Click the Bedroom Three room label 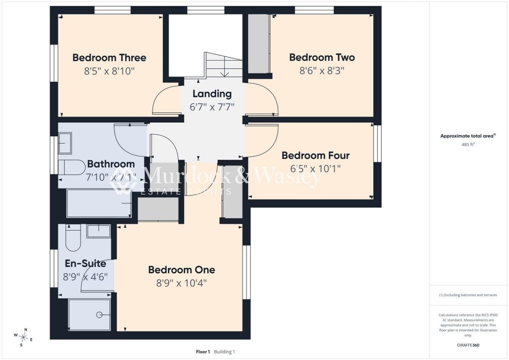(109, 58)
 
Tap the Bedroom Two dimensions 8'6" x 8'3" (322, 71)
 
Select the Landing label (212, 94)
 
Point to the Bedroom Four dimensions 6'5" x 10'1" (316, 169)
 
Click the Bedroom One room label (181, 270)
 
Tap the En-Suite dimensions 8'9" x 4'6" (85, 277)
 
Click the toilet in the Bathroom (72, 167)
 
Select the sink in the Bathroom (65, 143)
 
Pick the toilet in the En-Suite (73, 238)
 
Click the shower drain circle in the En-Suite (99, 315)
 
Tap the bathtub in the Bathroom (99, 203)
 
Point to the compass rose (23, 337)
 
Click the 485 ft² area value (468, 145)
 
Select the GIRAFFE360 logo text (468, 345)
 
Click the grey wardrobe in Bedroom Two (258, 44)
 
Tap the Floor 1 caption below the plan (203, 352)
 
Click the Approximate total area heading (468, 136)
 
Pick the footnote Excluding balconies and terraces (468, 295)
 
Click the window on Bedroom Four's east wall (377, 143)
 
